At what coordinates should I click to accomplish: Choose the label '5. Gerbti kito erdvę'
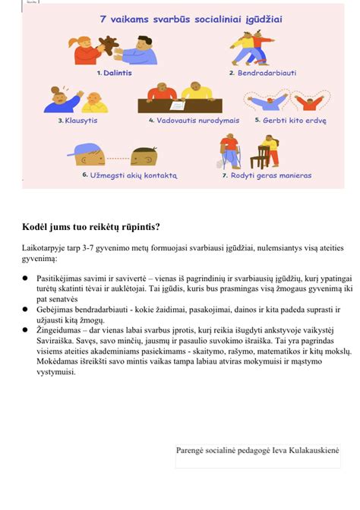tap(290, 120)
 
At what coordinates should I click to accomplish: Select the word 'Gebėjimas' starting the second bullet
tap(58, 310)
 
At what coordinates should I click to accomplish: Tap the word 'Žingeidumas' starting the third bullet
tap(62, 332)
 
